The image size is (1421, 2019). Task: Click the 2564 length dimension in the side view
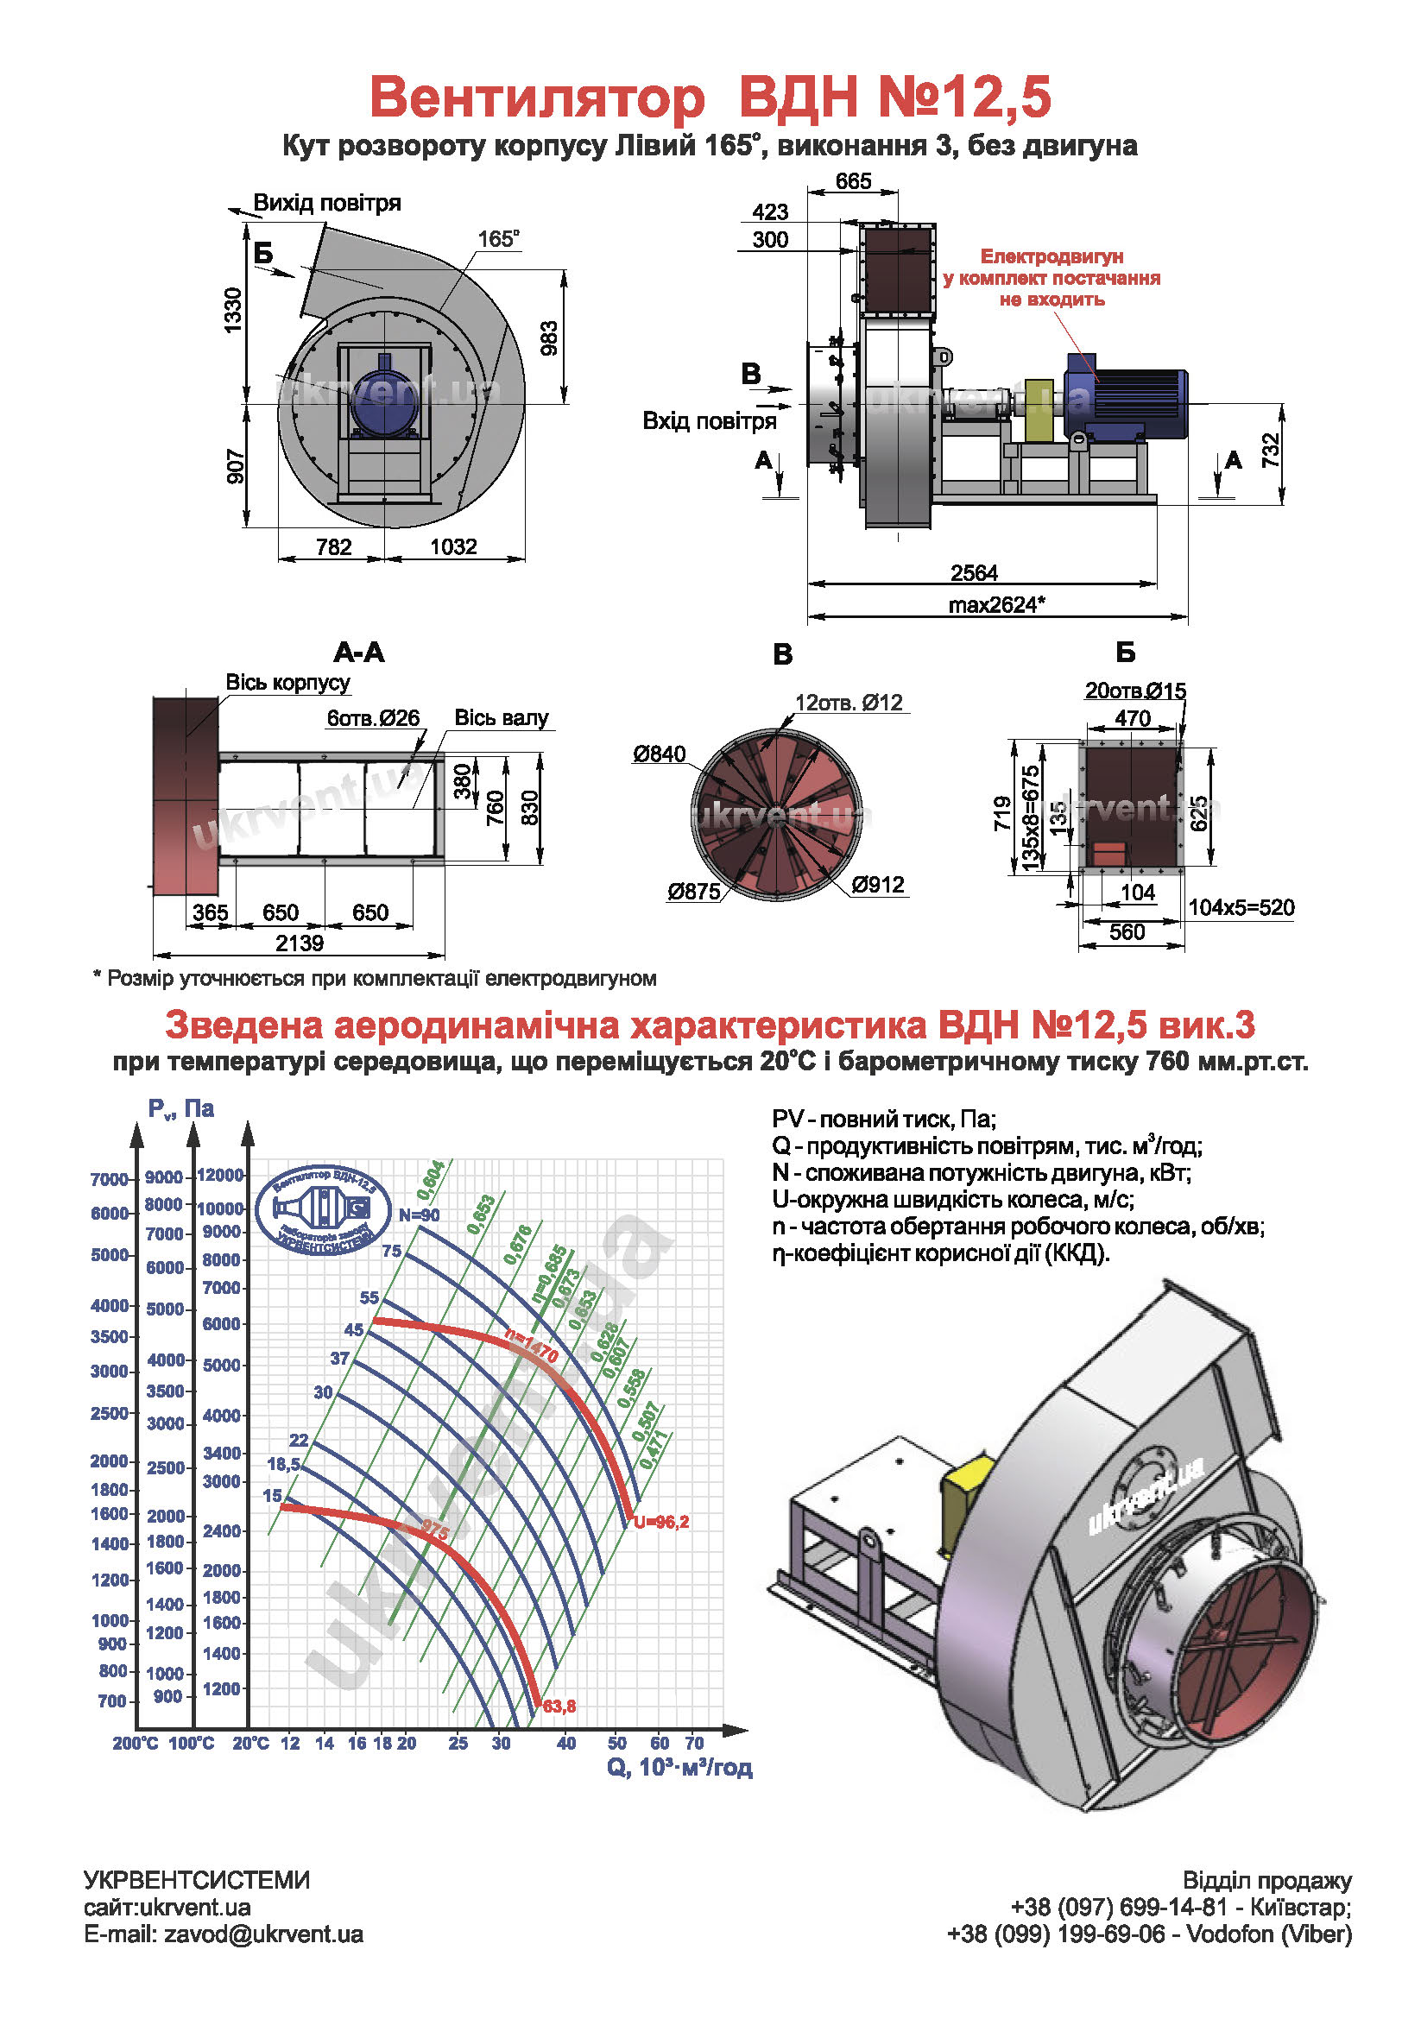[x=974, y=573]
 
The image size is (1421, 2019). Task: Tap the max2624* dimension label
[x=996, y=605]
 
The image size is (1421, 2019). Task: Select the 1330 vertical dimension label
[x=233, y=311]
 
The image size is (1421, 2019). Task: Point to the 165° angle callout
[x=498, y=239]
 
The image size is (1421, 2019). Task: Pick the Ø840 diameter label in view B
[x=659, y=754]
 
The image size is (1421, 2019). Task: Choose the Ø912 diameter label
[x=878, y=885]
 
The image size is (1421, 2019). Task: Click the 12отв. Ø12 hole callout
[x=848, y=703]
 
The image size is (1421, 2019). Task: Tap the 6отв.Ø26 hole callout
[x=373, y=718]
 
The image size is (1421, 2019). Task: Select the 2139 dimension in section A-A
[x=299, y=943]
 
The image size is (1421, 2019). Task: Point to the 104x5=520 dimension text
[x=1241, y=907]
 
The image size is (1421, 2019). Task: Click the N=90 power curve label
[x=419, y=1215]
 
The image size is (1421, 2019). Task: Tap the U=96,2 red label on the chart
[x=661, y=1522]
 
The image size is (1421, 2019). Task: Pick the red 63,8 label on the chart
[x=559, y=1706]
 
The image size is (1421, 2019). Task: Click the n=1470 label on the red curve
[x=532, y=1347]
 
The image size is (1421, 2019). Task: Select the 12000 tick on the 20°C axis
[x=220, y=1175]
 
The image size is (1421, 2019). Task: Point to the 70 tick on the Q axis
[x=694, y=1743]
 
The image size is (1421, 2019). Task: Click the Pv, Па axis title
[x=180, y=1109]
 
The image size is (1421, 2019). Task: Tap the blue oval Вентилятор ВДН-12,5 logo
[x=323, y=1210]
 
